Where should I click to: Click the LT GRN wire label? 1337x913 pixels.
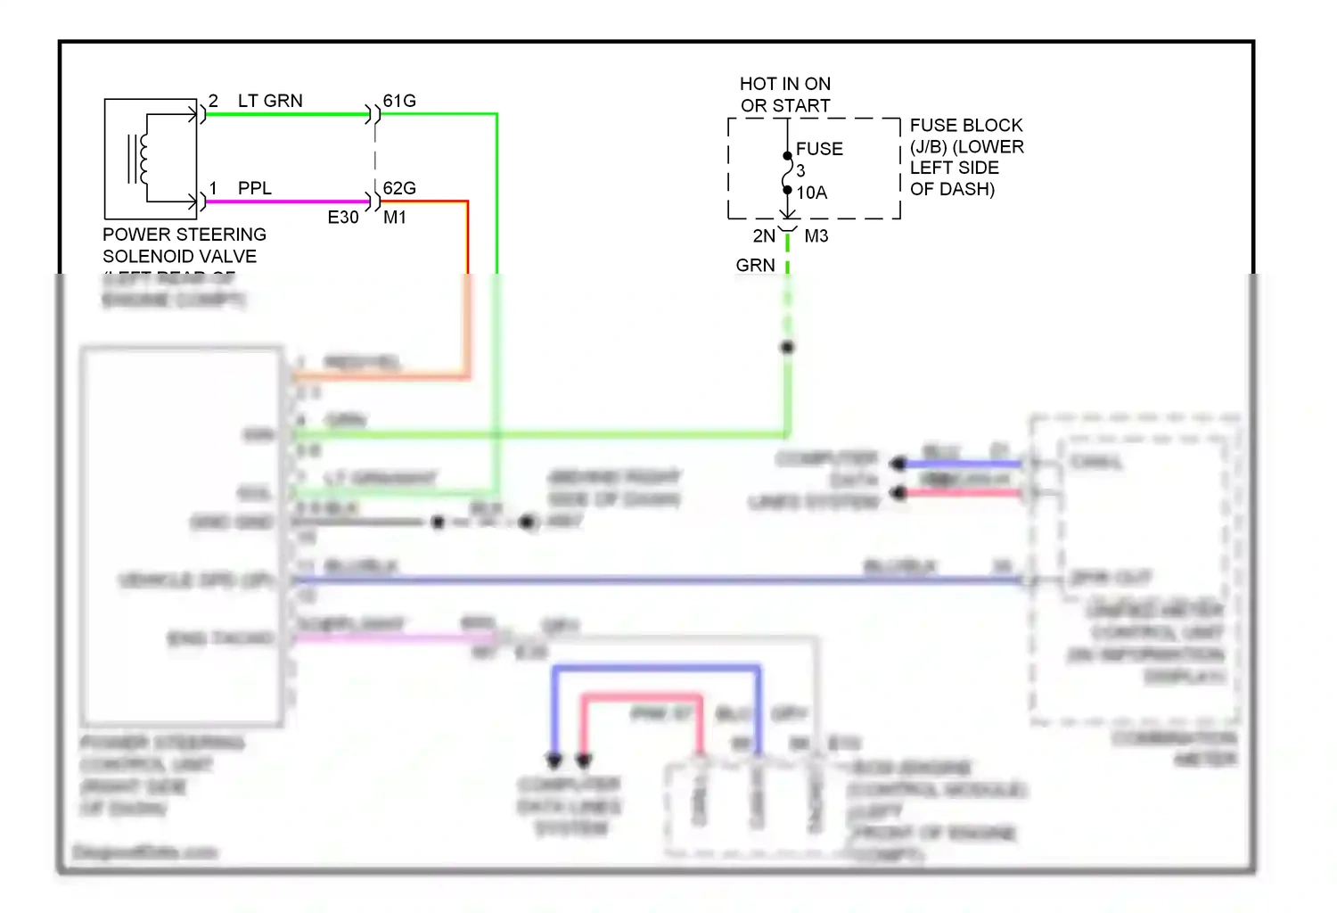270,101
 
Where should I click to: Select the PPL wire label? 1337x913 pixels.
254,188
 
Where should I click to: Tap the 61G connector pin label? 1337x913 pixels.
399,101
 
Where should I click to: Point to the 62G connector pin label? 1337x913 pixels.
399,188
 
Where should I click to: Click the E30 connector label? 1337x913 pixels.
343,218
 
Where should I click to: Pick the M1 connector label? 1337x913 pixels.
395,218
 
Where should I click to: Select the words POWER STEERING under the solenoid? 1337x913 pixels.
185,234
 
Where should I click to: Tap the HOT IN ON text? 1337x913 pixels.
784,84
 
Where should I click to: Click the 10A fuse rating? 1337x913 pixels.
811,193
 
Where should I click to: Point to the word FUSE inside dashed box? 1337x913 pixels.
819,149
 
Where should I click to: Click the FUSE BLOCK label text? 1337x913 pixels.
966,126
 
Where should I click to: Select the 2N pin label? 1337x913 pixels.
764,236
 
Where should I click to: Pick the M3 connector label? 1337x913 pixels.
816,236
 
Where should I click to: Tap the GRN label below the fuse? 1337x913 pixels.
755,266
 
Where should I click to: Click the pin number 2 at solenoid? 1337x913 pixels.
213,101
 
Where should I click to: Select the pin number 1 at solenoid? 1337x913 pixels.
213,188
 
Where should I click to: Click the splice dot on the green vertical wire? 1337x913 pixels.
787,347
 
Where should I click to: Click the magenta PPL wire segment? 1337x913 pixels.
285,202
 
